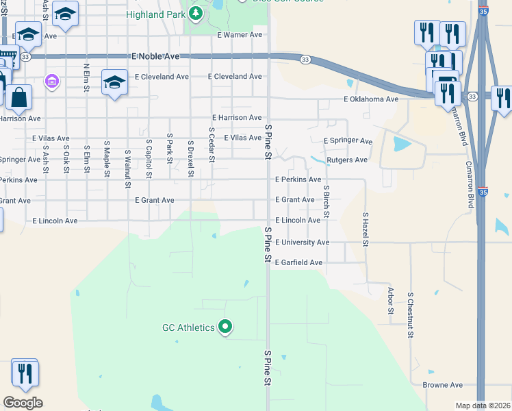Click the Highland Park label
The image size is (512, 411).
tap(154, 14)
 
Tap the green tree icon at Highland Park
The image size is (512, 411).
tap(196, 13)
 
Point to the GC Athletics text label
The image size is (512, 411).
tap(188, 327)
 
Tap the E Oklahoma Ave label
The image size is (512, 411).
tap(371, 99)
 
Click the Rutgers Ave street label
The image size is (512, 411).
tap(347, 160)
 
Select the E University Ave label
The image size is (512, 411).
tap(303, 242)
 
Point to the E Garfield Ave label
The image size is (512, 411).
tap(298, 262)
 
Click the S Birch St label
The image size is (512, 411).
tap(327, 201)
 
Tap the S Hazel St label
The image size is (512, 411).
tap(366, 229)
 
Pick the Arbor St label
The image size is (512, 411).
tap(391, 300)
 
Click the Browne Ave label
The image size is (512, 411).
tap(443, 385)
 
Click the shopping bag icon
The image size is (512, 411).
tap(21, 99)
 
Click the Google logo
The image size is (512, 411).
tap(23, 403)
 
